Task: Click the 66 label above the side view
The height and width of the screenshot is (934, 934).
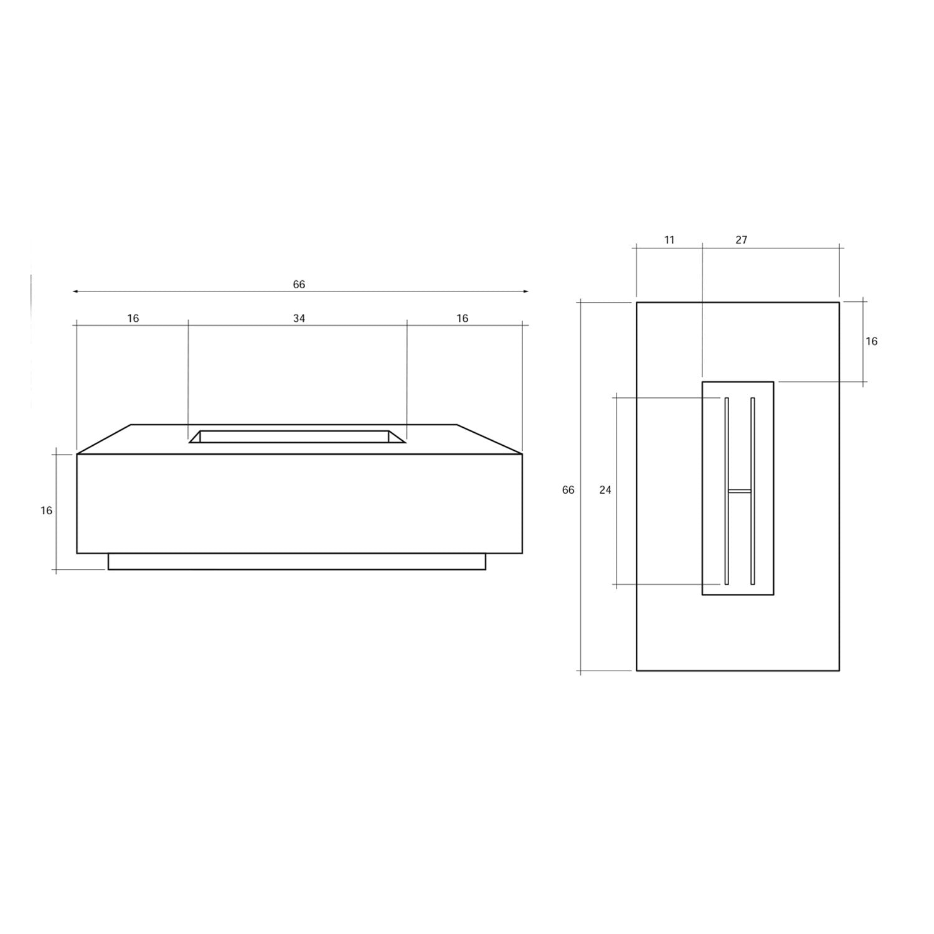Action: (x=299, y=285)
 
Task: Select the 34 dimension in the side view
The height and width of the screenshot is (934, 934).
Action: (x=299, y=318)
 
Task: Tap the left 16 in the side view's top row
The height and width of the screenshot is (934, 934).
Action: (x=133, y=318)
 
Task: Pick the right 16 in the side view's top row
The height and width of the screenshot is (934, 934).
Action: (x=462, y=318)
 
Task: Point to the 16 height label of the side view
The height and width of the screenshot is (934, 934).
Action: (x=47, y=511)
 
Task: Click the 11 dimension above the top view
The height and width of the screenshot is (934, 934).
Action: (x=669, y=240)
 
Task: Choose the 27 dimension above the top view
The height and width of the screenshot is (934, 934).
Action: (x=741, y=240)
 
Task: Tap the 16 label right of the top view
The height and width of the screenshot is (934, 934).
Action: (x=871, y=341)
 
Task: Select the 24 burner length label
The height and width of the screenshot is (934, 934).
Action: (x=605, y=490)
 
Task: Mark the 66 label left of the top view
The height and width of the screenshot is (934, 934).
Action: (x=568, y=490)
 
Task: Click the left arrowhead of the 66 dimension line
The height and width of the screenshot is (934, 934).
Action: (x=75, y=291)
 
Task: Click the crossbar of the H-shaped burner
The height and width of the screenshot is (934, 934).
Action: (x=740, y=491)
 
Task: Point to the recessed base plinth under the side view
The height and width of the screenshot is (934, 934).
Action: (x=296, y=562)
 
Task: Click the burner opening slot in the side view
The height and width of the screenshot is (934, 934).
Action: (x=295, y=436)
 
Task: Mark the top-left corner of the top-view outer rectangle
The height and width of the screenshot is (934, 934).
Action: (x=636, y=303)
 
